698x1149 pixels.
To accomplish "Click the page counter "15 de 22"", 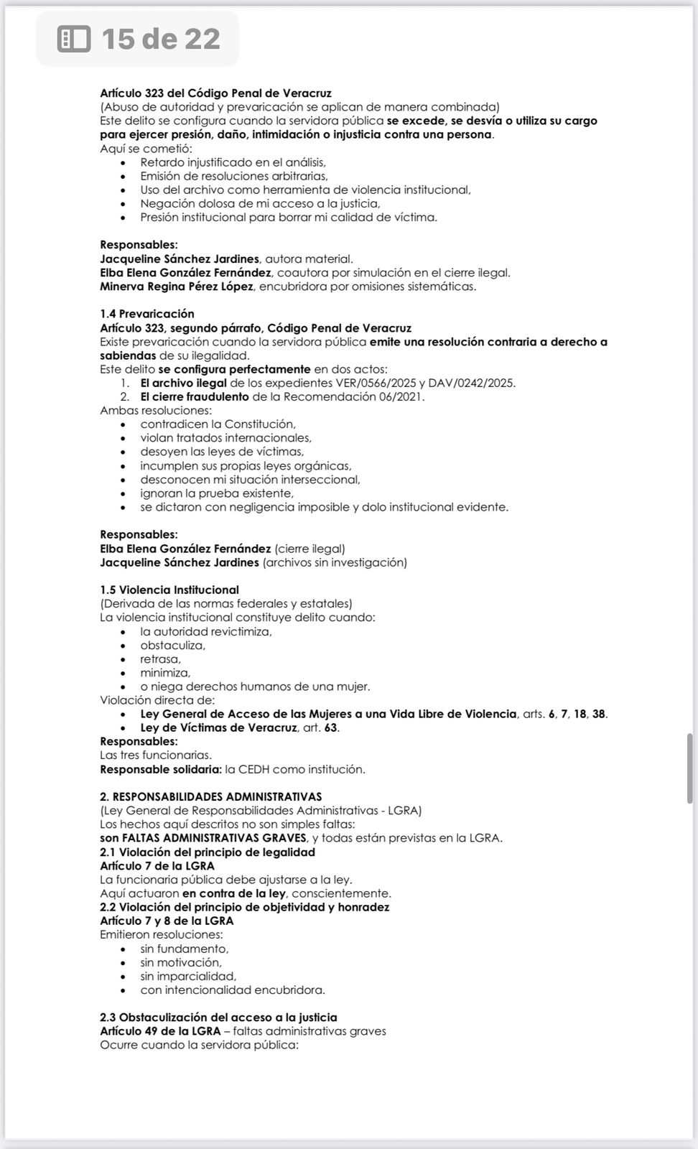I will (x=160, y=39).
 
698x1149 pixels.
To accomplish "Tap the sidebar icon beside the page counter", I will (x=73, y=39).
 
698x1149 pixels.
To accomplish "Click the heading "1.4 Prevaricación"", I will (x=147, y=314).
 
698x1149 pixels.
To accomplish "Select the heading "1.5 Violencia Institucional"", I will (x=169, y=590).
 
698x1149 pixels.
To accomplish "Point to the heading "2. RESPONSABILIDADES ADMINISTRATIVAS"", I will (x=211, y=796).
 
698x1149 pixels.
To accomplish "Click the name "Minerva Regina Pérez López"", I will (x=177, y=287).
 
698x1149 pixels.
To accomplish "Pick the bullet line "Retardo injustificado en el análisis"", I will (x=233, y=162).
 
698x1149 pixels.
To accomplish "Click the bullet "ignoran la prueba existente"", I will (x=217, y=493).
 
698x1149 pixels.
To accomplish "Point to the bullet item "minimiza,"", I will (x=165, y=673).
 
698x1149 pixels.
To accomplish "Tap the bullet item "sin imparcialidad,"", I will (x=188, y=976).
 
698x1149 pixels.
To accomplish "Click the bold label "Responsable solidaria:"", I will (x=161, y=769).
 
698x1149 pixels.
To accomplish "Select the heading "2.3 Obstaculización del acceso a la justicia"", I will (x=218, y=1017).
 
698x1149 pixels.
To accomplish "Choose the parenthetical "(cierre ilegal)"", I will (x=310, y=549).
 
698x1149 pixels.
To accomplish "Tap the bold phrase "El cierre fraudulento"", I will (x=195, y=396).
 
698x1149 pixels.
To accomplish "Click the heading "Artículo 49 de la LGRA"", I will (x=160, y=1031).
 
